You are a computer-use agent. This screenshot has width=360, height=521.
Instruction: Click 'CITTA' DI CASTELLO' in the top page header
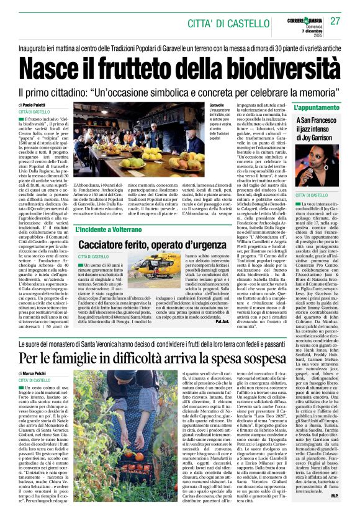click(215, 24)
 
